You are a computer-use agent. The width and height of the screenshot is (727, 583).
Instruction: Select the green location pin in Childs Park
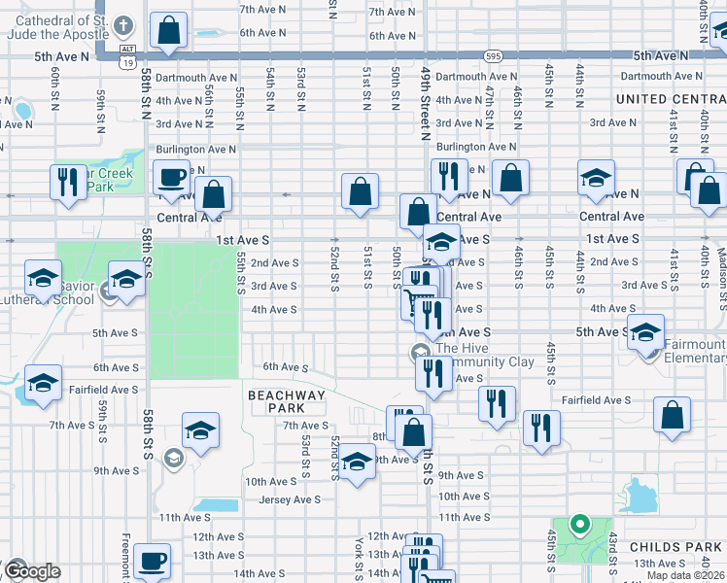[580, 526]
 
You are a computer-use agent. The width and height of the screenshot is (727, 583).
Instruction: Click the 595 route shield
[495, 56]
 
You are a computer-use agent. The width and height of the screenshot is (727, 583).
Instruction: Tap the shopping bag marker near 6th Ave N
[169, 31]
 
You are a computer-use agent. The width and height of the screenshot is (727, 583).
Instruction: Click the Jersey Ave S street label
[290, 499]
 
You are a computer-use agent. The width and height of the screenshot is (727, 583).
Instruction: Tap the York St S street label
[359, 555]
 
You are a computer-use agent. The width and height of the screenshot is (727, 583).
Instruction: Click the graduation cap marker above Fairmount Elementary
[645, 332]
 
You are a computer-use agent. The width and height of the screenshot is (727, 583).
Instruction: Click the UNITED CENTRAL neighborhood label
[670, 99]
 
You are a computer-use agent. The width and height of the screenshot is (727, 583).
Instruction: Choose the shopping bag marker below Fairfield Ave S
[673, 415]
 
